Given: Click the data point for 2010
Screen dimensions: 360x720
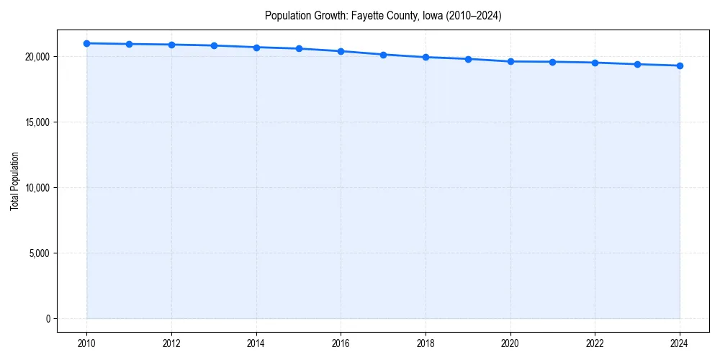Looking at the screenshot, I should (x=86, y=43).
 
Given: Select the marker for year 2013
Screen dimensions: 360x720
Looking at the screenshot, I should (x=214, y=45).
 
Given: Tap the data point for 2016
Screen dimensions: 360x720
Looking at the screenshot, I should (x=341, y=51).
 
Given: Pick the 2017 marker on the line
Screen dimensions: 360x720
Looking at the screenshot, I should (x=383, y=55).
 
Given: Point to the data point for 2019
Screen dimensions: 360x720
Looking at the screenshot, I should (x=468, y=59).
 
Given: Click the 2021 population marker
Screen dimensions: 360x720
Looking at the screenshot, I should (x=552, y=62).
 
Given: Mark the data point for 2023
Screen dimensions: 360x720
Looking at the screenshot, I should (x=637, y=64).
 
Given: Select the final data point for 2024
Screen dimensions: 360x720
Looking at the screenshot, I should (x=680, y=66).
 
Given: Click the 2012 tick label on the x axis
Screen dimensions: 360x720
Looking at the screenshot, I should (x=171, y=343).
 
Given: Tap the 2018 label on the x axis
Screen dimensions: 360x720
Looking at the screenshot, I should (x=426, y=343).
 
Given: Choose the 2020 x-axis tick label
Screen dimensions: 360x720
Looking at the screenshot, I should (x=510, y=343).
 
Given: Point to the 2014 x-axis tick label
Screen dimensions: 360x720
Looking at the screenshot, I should (x=256, y=343).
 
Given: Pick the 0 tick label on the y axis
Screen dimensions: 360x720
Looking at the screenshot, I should (x=48, y=319).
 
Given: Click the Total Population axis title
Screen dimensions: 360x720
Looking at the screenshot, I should (x=14, y=181).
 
